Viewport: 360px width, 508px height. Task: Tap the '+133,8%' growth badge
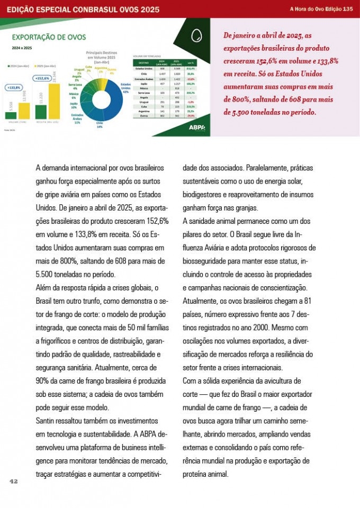click(x=14, y=87)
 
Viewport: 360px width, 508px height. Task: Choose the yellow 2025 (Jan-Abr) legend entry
click(x=46, y=66)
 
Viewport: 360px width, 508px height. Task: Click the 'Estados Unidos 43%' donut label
click(x=125, y=88)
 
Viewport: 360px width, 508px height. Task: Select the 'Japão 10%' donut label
click(x=74, y=105)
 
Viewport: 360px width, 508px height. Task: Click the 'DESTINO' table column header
click(x=143, y=62)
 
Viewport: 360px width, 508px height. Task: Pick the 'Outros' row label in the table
click(x=143, y=115)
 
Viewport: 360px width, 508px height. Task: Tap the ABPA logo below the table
click(x=196, y=127)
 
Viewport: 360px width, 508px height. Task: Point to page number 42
click(x=14, y=481)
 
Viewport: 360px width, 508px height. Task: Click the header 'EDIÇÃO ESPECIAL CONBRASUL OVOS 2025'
click(x=83, y=9)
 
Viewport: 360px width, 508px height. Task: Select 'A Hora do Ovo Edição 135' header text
click(x=321, y=9)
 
